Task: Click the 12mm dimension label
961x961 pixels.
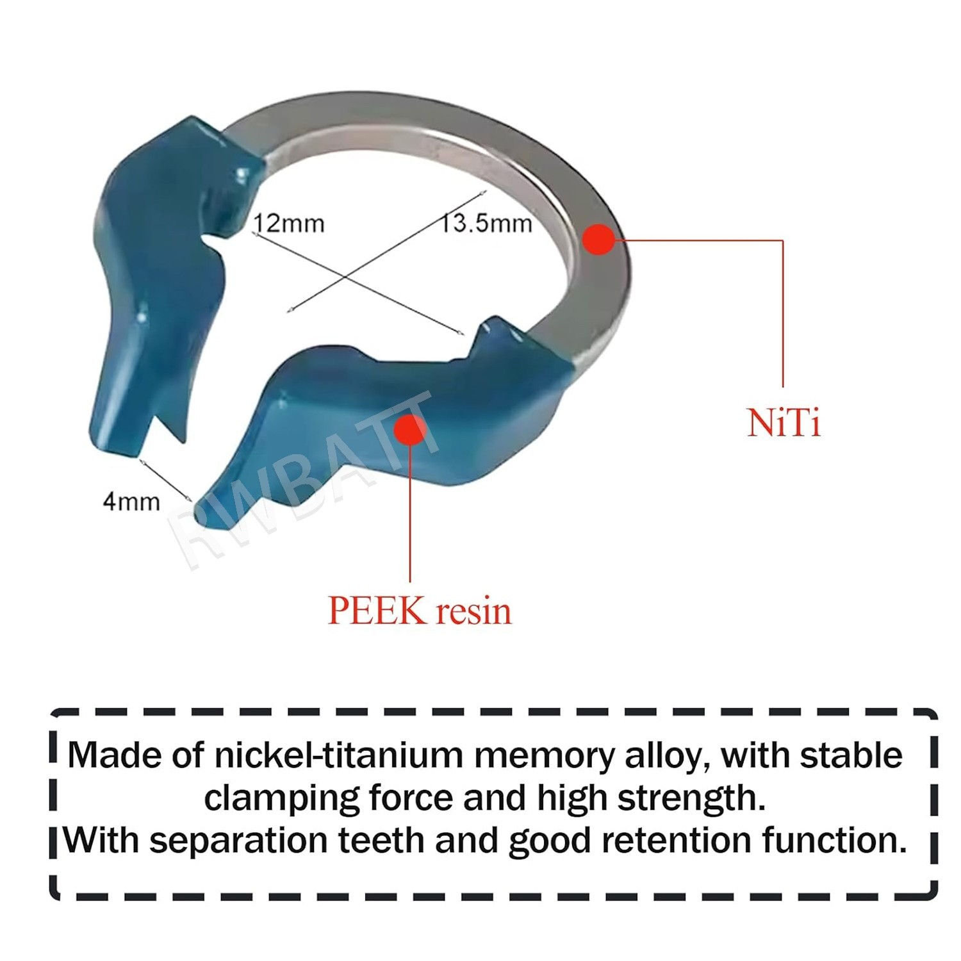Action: click(289, 223)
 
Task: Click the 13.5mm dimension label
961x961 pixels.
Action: click(486, 223)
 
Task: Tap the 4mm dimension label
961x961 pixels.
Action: click(131, 501)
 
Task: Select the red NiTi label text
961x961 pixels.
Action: click(784, 423)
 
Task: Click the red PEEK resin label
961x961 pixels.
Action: click(420, 611)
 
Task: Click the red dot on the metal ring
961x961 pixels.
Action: click(599, 239)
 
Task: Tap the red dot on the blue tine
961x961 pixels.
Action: click(410, 429)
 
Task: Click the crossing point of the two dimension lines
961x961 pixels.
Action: click(347, 277)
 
